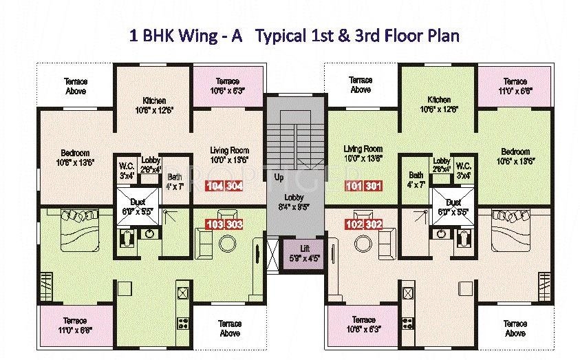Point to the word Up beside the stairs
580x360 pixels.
[x=279, y=178]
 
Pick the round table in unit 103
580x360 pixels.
[x=227, y=242]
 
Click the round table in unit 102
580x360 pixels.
[x=363, y=242]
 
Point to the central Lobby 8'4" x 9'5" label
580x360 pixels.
[x=294, y=201]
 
